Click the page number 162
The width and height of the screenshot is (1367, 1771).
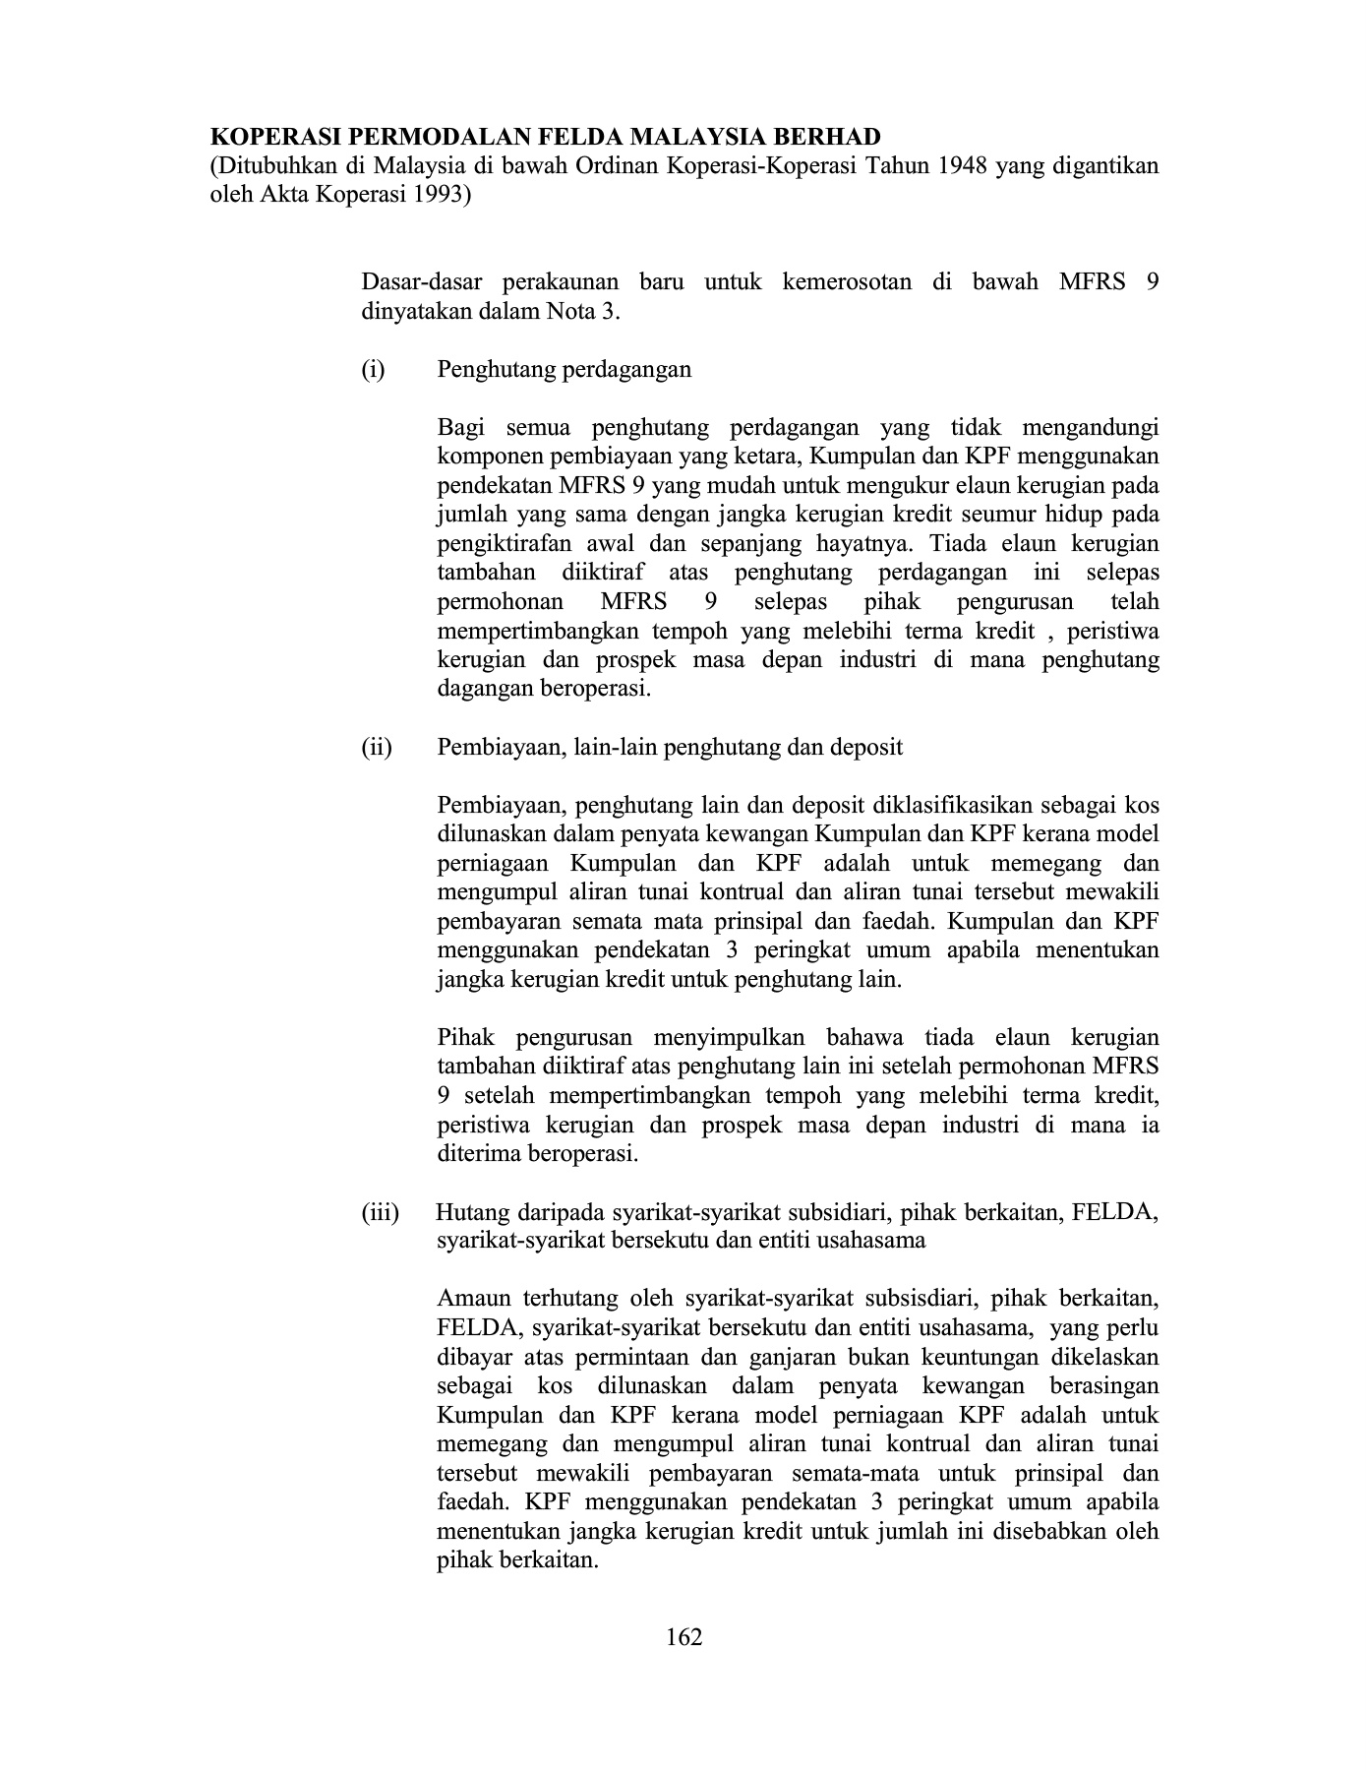click(x=683, y=1637)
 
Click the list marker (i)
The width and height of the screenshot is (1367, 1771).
click(x=373, y=370)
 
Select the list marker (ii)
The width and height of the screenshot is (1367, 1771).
click(x=376, y=747)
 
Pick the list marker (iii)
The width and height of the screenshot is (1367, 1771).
click(x=380, y=1212)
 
